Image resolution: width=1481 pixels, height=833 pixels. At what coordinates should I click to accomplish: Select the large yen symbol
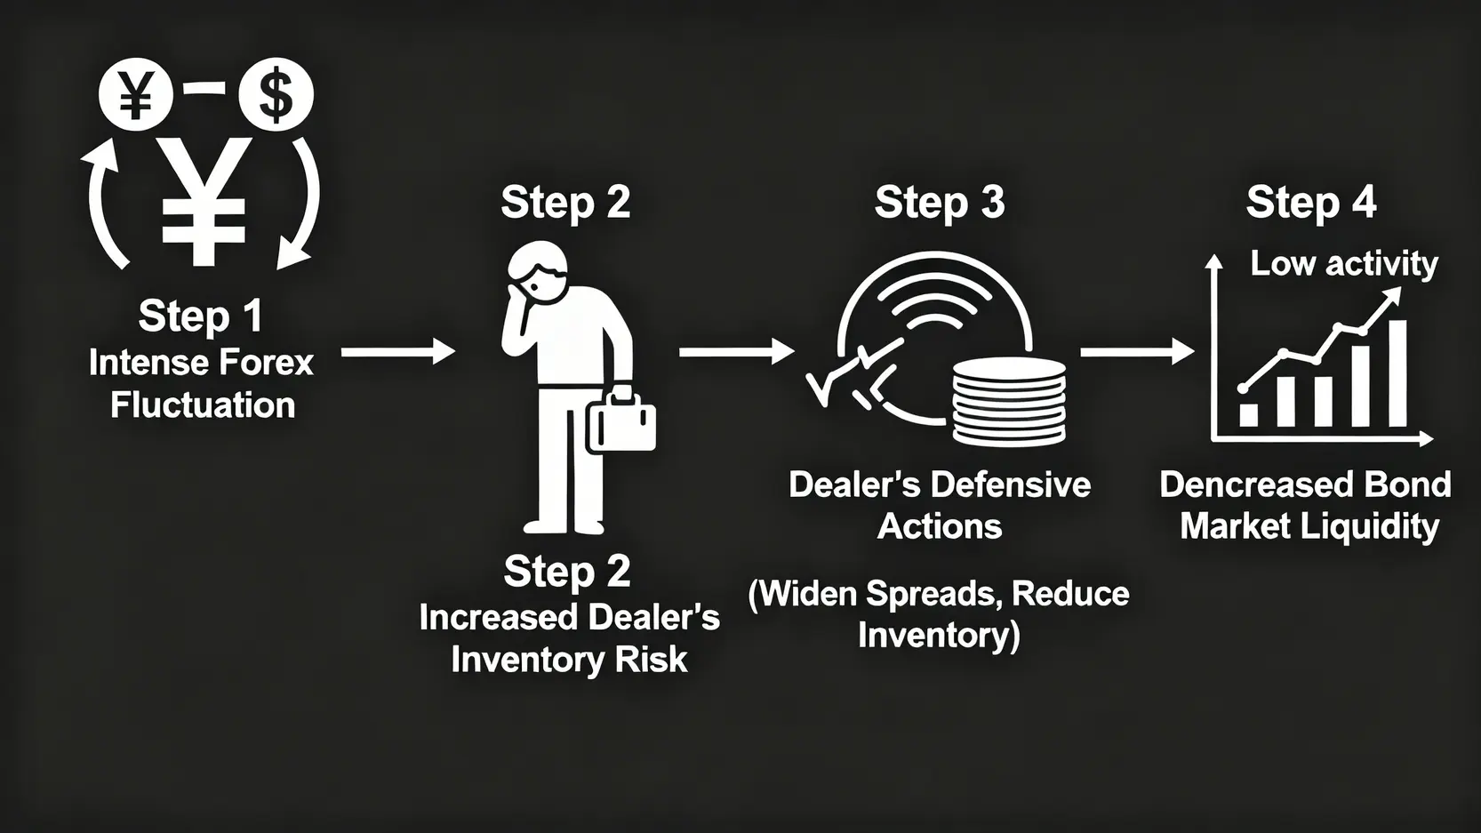tap(204, 201)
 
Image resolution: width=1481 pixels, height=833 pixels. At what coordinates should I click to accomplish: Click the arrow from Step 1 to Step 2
tap(398, 351)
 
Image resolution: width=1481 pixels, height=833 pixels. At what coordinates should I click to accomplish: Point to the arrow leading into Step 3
tap(737, 351)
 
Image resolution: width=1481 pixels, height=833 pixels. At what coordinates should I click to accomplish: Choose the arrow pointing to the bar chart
tap(1137, 351)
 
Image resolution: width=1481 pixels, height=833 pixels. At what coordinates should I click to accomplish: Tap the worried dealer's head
tap(538, 272)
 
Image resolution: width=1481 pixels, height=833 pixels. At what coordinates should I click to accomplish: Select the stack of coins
tap(1009, 403)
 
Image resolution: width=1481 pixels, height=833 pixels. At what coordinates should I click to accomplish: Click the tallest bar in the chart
tap(1397, 373)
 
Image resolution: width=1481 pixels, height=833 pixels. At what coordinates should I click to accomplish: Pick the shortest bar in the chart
tap(1248, 415)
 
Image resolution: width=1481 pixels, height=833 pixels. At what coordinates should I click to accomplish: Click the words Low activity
tap(1344, 263)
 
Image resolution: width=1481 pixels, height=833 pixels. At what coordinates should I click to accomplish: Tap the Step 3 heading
tap(940, 202)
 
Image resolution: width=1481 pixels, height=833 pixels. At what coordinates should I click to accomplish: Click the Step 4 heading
tap(1311, 202)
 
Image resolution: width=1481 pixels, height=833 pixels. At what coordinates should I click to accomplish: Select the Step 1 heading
tap(200, 316)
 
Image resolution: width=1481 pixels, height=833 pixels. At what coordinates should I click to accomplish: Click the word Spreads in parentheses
tap(930, 593)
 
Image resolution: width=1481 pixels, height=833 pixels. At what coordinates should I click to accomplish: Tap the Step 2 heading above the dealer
tap(565, 202)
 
